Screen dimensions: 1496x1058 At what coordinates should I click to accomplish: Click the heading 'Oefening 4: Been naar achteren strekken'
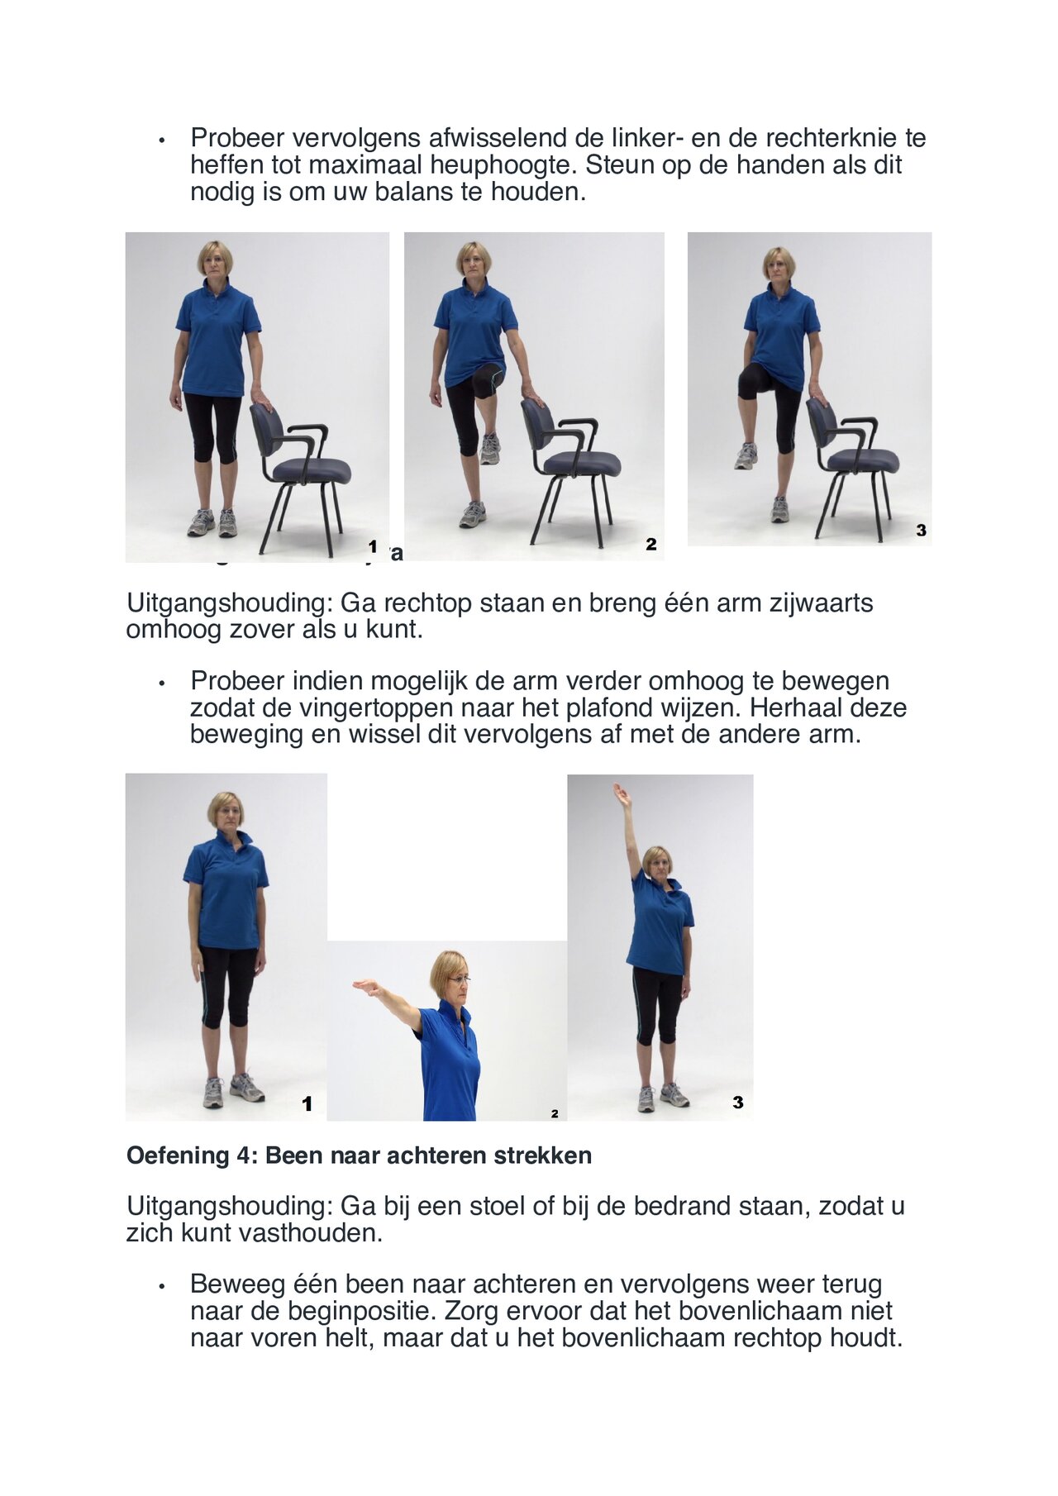pos(359,1155)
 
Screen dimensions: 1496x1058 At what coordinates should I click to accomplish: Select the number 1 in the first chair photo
pos(373,546)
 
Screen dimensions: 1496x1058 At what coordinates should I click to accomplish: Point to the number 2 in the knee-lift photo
pos(651,544)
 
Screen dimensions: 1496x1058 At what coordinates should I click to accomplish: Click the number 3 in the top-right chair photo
pos(921,531)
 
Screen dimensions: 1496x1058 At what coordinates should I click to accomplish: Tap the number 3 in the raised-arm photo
pos(737,1102)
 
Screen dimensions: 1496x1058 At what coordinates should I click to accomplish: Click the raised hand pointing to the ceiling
pos(620,795)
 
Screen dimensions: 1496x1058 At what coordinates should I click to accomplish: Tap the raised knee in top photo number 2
pos(488,379)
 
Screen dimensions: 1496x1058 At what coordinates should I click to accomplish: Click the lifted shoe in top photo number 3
pos(746,456)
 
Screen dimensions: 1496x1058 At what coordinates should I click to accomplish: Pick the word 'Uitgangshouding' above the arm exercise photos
pos(230,603)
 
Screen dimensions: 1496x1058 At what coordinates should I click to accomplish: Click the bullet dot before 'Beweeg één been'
pos(163,1286)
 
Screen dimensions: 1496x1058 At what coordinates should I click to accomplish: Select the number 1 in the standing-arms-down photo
pos(307,1103)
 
